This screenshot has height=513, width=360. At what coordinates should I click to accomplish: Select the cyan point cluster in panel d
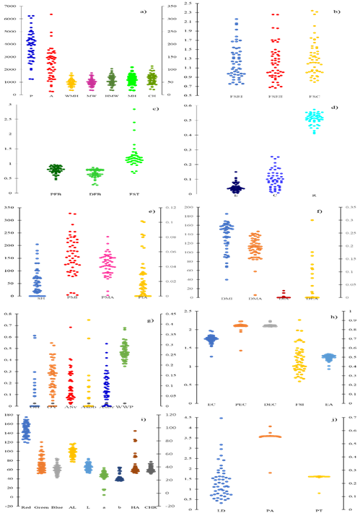(314, 118)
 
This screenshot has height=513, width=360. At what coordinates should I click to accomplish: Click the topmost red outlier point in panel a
(51, 14)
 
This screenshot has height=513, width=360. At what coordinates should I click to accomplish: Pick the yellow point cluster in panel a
(71, 82)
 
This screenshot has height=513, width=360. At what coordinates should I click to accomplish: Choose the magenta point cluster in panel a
(92, 82)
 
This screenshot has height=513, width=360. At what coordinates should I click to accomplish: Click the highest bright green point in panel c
(134, 109)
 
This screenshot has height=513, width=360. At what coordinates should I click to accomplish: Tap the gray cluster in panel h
(269, 324)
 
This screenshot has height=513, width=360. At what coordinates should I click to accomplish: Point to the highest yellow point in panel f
(312, 220)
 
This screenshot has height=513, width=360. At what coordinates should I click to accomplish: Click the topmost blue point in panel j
(221, 418)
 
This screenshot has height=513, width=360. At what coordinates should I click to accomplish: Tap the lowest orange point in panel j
(270, 473)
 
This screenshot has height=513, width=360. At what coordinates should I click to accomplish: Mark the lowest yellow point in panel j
(318, 493)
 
